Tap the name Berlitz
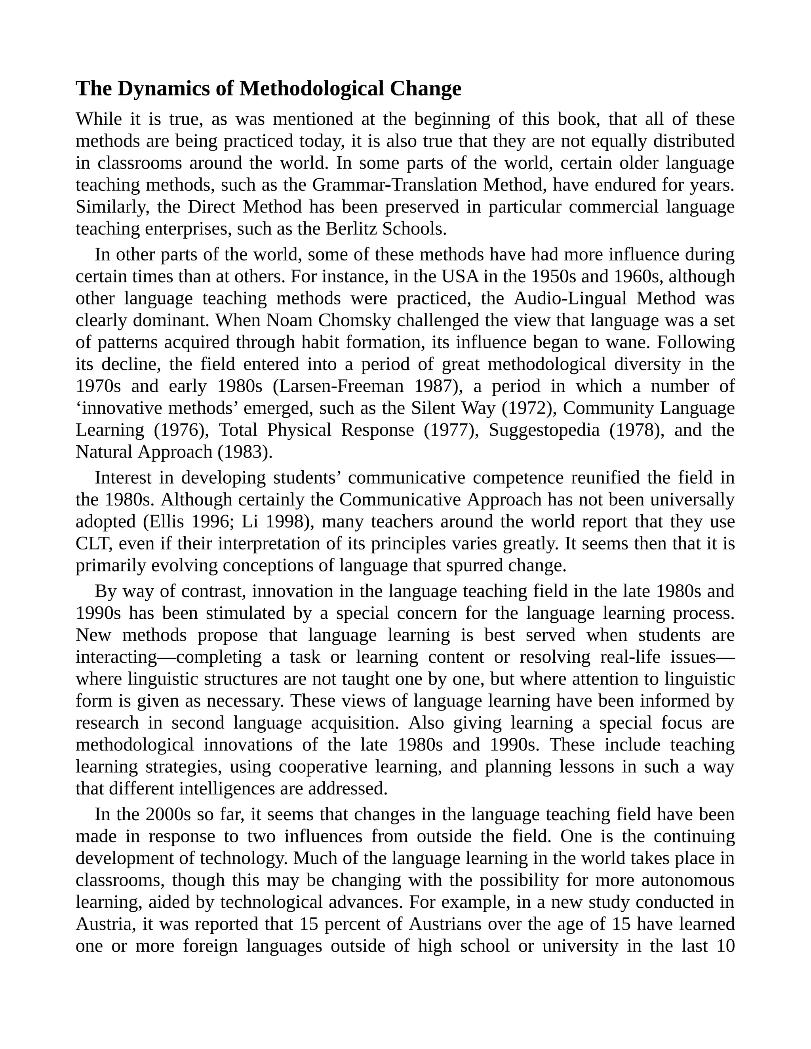pyautogui.click(x=352, y=229)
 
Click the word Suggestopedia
pyautogui.click(x=544, y=430)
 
